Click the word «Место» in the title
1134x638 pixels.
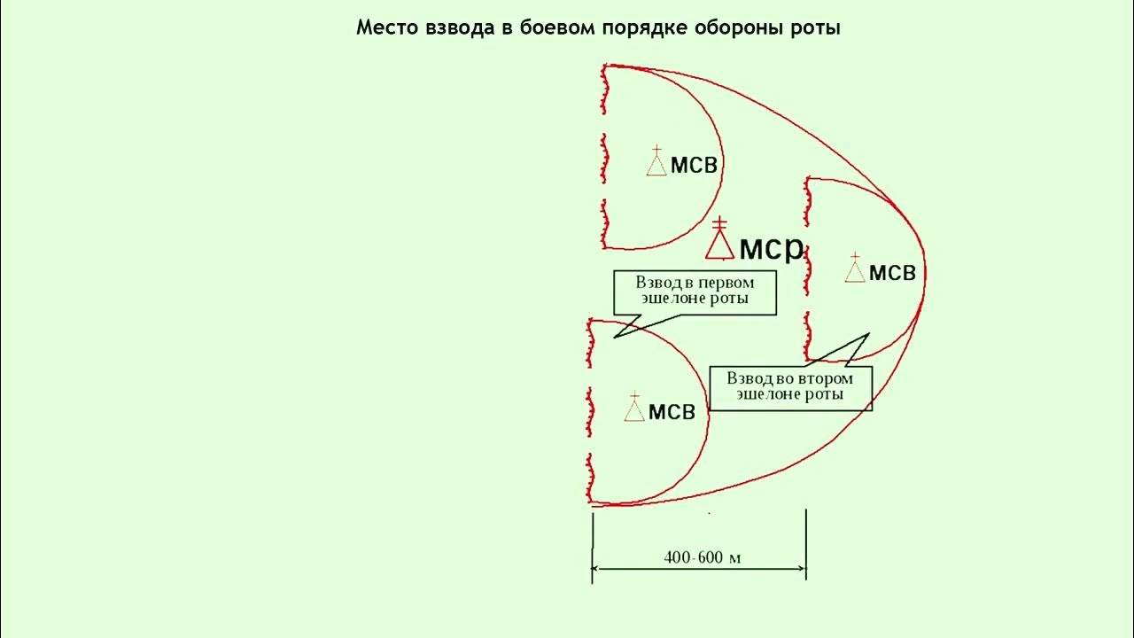point(384,27)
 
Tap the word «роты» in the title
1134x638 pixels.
point(816,28)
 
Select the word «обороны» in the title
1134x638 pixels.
point(746,28)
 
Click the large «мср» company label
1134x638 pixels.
point(771,247)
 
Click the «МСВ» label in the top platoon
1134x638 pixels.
point(694,166)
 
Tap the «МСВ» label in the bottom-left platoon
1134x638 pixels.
point(672,412)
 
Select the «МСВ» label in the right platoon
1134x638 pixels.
point(892,273)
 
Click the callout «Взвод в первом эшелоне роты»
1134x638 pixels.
point(695,292)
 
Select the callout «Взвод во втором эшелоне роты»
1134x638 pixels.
point(790,386)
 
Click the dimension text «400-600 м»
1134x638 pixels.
point(702,557)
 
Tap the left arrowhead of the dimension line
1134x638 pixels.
point(596,568)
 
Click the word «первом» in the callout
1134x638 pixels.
point(725,283)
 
